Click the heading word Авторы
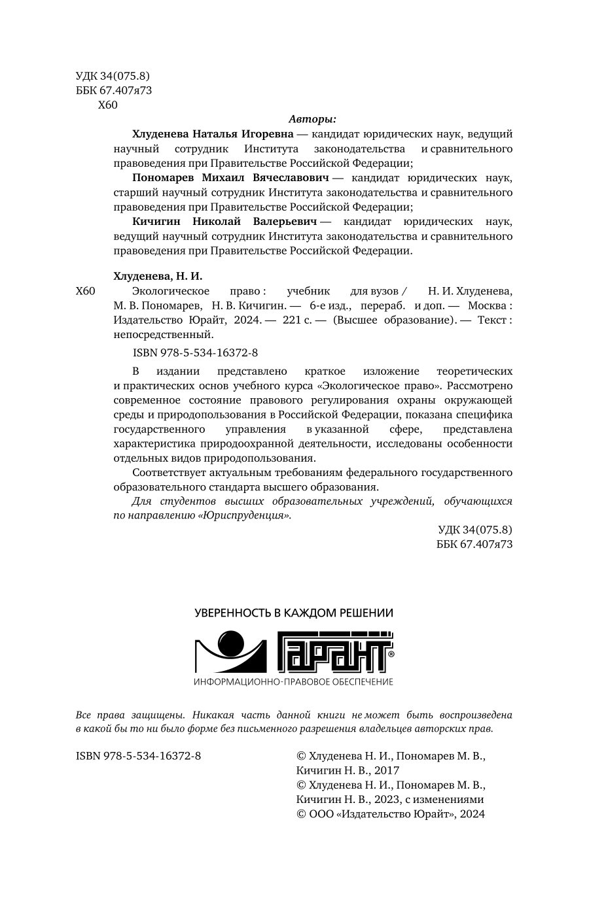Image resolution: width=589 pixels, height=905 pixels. point(312,120)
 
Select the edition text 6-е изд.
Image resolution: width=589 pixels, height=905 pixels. point(330,305)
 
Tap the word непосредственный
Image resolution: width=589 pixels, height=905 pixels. point(164,335)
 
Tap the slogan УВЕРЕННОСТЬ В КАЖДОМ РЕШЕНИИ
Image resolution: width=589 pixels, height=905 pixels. point(294,613)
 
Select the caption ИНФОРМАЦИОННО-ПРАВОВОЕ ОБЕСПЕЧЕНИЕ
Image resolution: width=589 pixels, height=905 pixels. point(294,682)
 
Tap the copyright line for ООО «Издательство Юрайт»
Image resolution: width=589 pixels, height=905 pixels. point(391,813)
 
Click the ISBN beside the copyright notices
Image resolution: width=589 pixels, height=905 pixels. point(138,756)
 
